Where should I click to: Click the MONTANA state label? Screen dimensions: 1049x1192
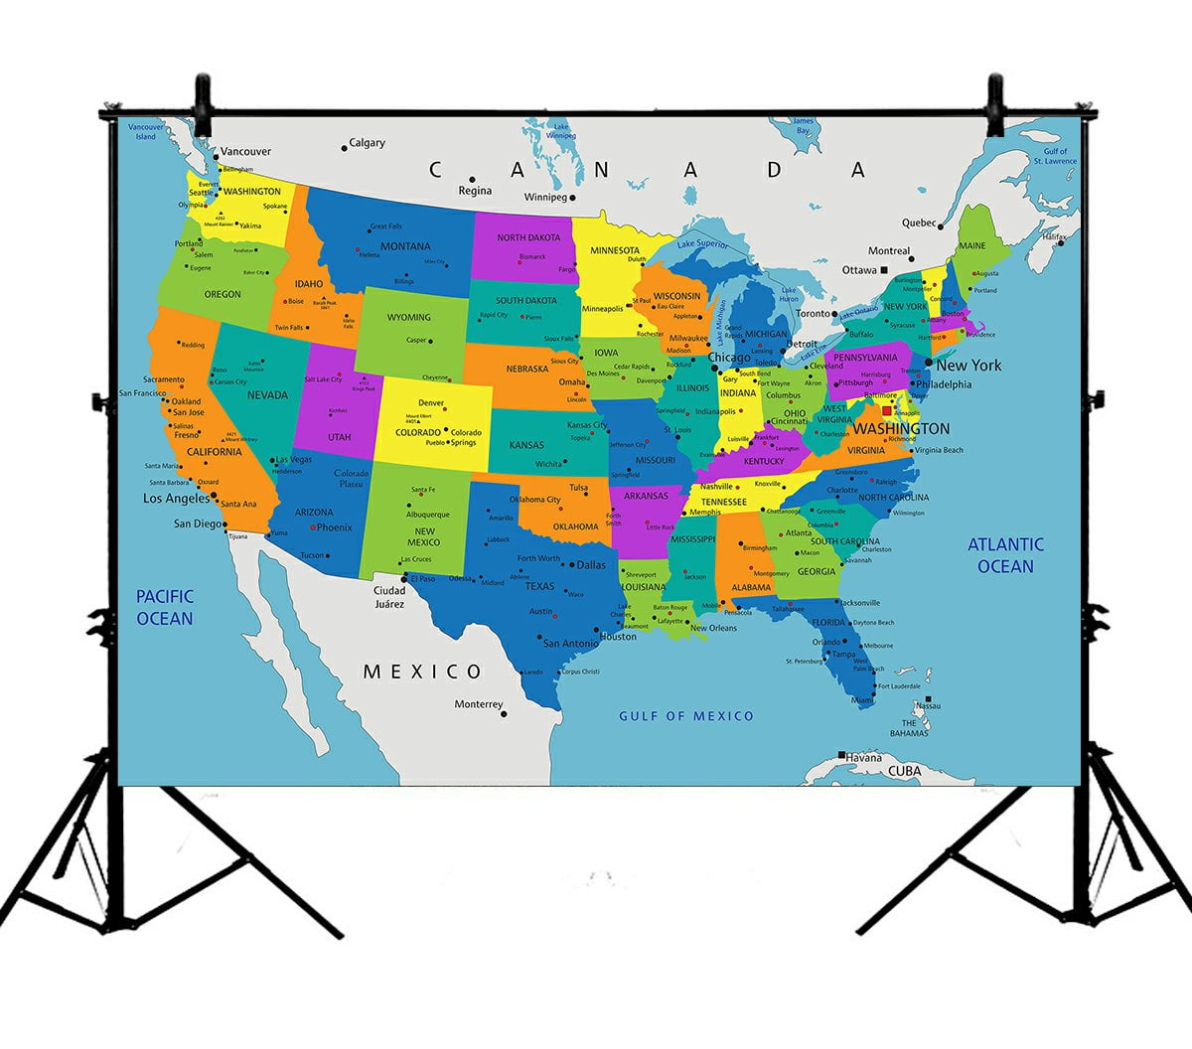click(x=405, y=246)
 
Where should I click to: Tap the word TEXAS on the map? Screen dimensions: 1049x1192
click(x=539, y=586)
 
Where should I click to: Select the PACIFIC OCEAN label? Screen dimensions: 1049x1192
click(x=165, y=607)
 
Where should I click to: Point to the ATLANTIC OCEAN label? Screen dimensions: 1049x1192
click(x=1005, y=555)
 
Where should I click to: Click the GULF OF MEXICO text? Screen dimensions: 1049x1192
click(x=686, y=715)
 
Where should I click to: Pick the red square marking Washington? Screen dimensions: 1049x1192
click(x=887, y=410)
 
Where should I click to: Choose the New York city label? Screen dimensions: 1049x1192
click(x=968, y=366)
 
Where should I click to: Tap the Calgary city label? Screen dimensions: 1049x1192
click(x=367, y=143)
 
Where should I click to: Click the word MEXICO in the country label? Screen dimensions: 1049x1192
click(x=422, y=672)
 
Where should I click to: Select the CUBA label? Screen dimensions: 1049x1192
click(x=904, y=771)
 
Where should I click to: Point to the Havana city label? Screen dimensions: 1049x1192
click(x=864, y=757)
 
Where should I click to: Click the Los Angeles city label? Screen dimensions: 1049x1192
click(x=177, y=499)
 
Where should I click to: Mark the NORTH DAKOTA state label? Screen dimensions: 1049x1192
click(x=528, y=238)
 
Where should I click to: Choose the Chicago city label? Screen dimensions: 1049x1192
click(x=728, y=358)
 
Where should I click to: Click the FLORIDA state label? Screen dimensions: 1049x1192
click(x=827, y=623)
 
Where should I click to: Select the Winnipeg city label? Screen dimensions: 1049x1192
click(x=544, y=197)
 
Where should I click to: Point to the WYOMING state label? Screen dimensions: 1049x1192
click(x=409, y=318)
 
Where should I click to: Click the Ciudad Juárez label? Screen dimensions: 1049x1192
click(x=389, y=597)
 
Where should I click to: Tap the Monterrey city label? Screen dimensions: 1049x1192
click(x=479, y=704)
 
